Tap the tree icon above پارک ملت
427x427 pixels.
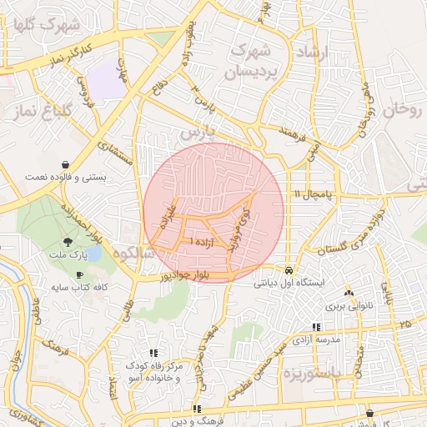point(78,241)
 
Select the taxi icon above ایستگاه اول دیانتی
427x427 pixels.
point(288,271)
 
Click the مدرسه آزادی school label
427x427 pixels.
point(316,339)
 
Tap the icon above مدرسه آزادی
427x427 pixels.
point(316,328)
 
